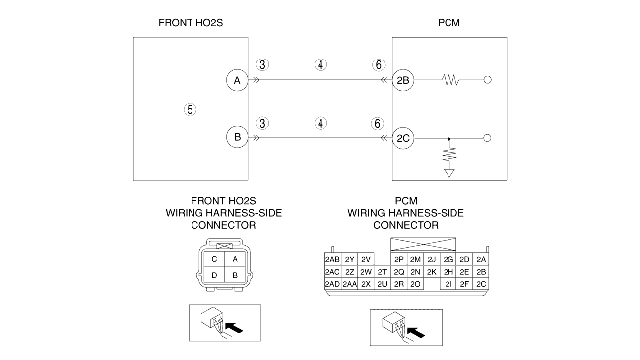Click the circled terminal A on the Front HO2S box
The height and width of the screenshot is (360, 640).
point(237,80)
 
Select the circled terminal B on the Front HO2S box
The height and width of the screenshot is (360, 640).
point(237,137)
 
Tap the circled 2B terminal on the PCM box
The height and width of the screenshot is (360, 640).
point(403,80)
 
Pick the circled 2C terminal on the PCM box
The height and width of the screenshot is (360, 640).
point(403,138)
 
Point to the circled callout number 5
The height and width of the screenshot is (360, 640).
point(190,109)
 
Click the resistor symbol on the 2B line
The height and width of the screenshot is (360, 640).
point(450,80)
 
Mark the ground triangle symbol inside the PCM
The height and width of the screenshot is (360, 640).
point(448,173)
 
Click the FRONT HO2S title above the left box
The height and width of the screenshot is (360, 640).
point(191,23)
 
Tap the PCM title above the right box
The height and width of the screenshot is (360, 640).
point(448,23)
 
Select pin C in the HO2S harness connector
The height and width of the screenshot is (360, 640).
point(214,259)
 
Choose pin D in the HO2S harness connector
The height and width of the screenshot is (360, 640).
point(214,275)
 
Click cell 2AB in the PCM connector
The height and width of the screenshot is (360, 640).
point(332,259)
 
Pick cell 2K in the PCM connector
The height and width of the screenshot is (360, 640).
point(432,272)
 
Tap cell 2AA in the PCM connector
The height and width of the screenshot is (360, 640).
point(350,284)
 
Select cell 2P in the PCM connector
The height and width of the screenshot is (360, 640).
point(399,259)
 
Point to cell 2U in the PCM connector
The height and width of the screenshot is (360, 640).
point(382,284)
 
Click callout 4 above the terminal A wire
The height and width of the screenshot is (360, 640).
point(320,64)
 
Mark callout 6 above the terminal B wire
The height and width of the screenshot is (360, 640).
point(378,123)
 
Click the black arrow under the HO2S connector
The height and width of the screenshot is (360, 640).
point(234,327)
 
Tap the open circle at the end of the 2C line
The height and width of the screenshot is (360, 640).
point(487,138)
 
